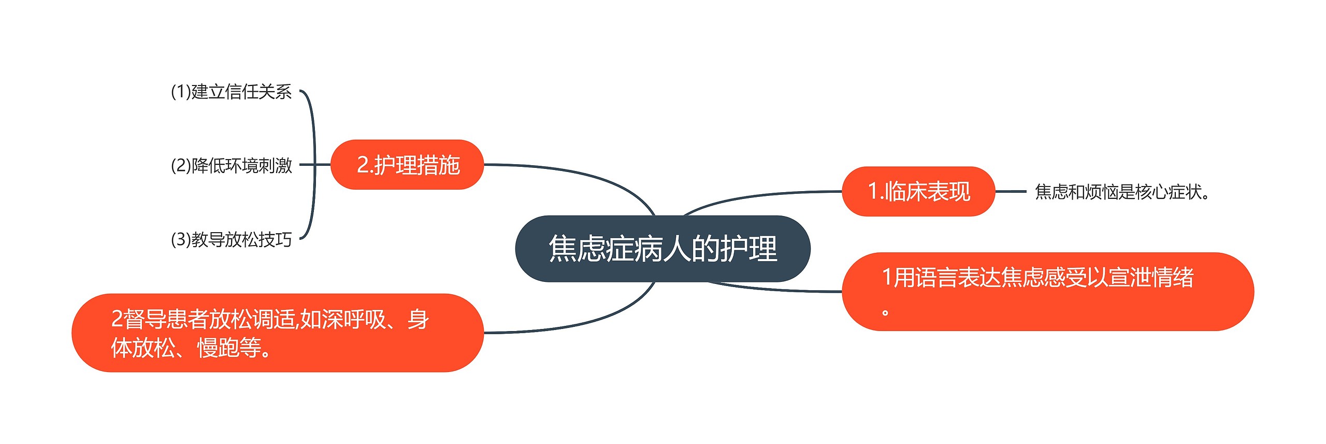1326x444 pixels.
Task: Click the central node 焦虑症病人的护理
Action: point(662,249)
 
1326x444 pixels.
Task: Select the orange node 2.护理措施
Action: point(407,165)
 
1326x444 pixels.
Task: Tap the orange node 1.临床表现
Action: point(918,191)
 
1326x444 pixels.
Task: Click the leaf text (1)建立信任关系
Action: point(231,92)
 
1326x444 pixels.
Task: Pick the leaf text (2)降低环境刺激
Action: point(231,165)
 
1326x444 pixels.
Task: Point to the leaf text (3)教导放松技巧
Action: point(231,239)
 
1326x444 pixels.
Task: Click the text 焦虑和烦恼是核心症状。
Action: point(1122,192)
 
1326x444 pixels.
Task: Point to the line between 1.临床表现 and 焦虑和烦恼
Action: point(1010,191)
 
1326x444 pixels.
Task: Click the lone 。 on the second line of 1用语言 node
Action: point(886,312)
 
